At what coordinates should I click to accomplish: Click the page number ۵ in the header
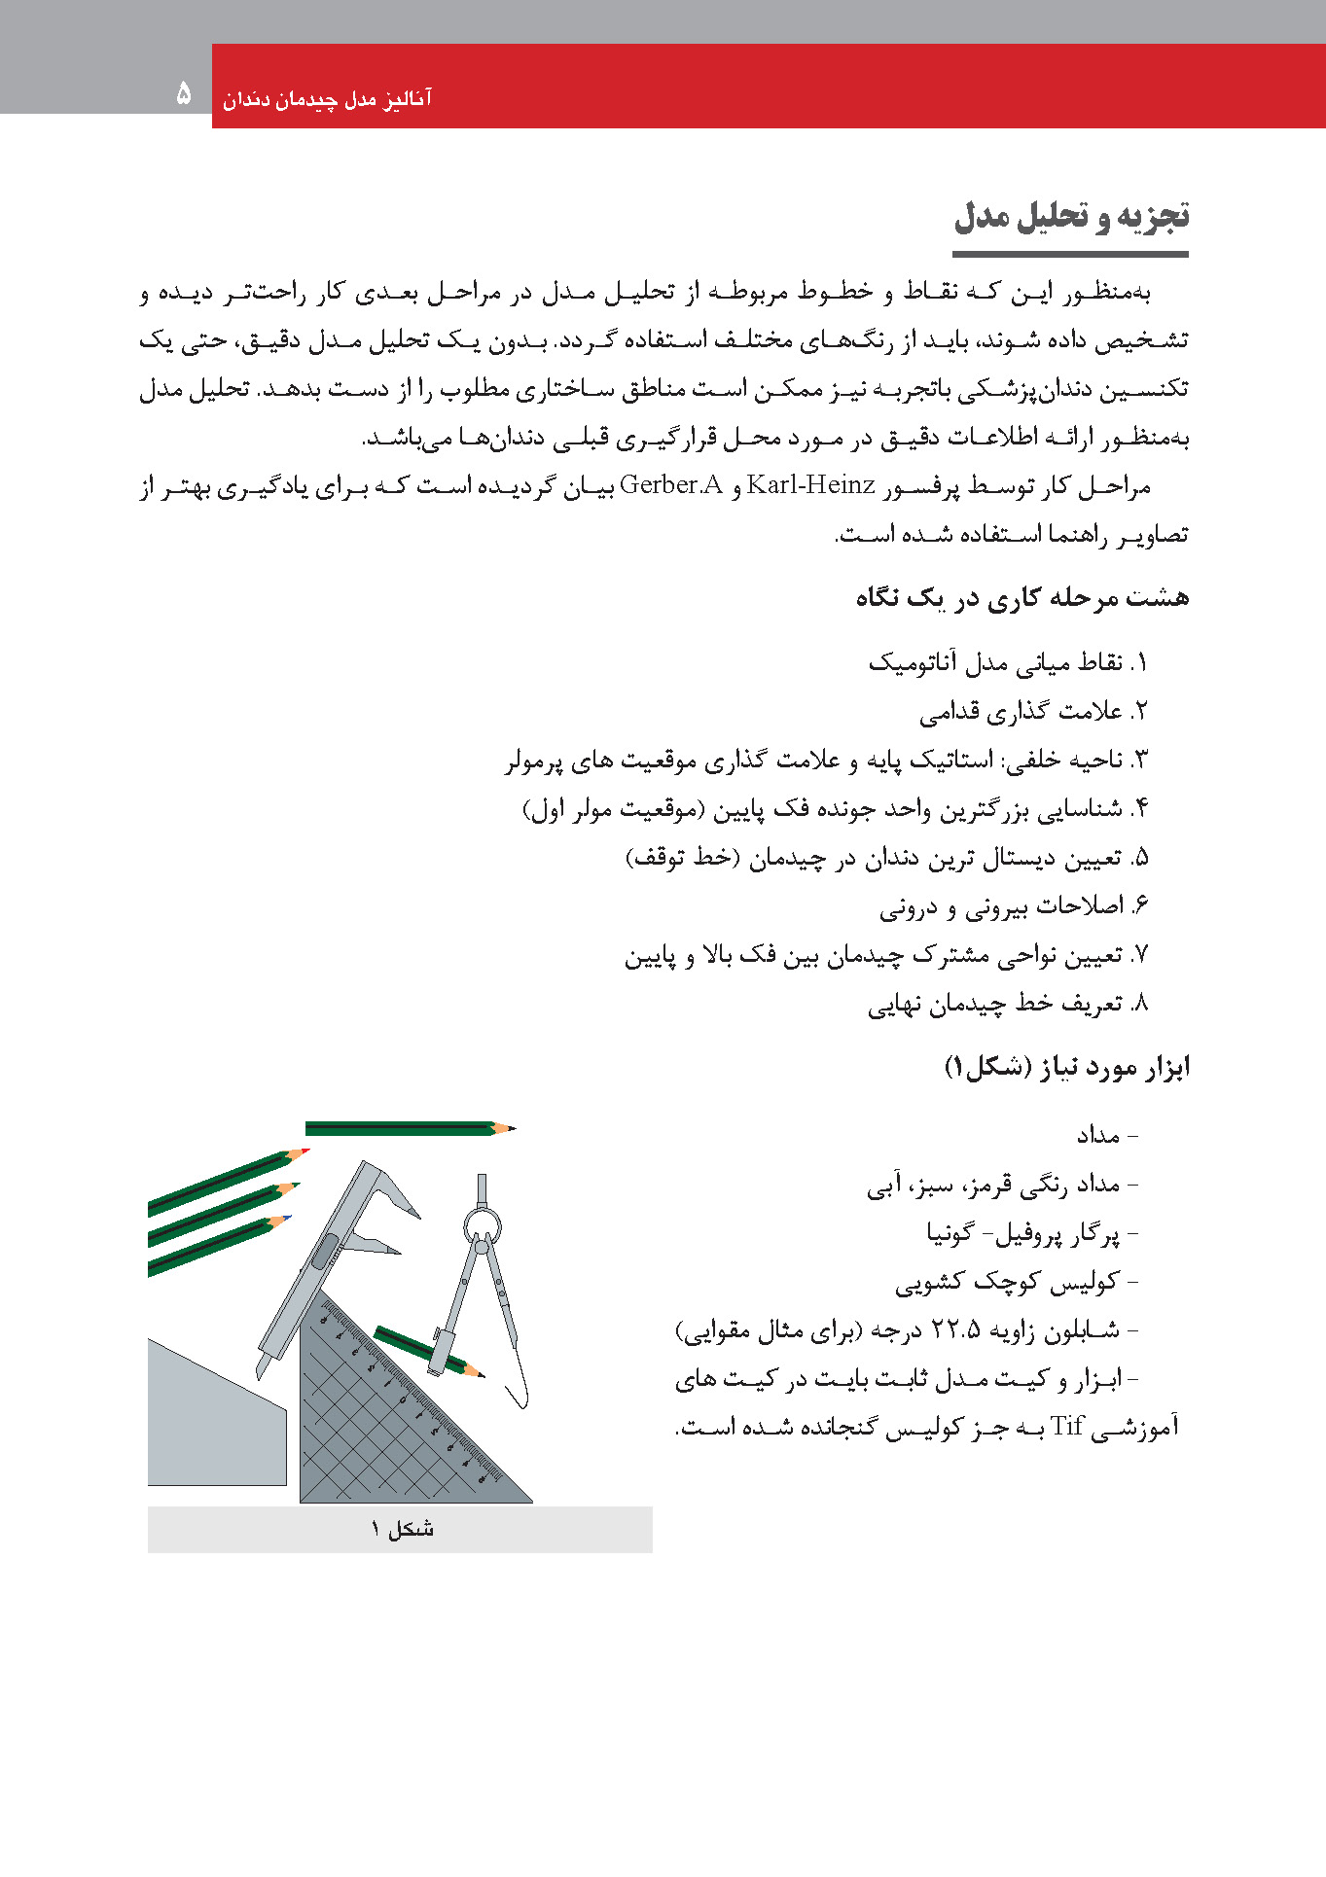(x=184, y=93)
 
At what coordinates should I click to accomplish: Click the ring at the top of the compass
(x=482, y=1222)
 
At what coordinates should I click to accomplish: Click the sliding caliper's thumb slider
(x=323, y=1252)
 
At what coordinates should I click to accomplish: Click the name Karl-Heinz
(x=810, y=485)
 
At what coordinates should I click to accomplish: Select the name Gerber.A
(x=671, y=485)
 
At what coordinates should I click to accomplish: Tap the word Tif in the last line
(x=1067, y=1427)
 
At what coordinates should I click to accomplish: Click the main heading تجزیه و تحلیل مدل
(x=1071, y=216)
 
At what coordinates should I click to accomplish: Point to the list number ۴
(x=1140, y=808)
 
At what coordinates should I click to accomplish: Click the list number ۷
(x=1140, y=954)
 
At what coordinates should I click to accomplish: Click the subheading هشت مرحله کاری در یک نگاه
(x=1022, y=597)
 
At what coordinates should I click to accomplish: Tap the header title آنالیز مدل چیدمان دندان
(x=327, y=99)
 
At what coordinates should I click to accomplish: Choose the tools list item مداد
(x=1099, y=1135)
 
